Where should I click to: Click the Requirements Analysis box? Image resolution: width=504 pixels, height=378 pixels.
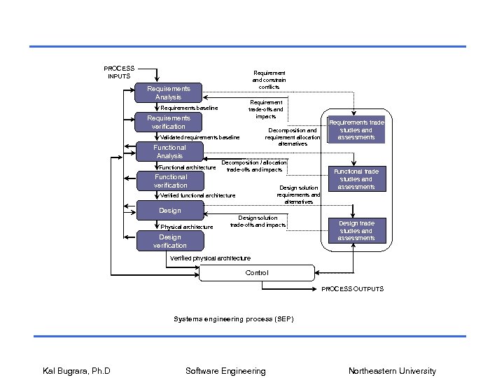(168, 93)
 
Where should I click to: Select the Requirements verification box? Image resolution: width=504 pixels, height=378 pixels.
(168, 122)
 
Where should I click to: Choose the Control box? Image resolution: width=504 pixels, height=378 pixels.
(256, 273)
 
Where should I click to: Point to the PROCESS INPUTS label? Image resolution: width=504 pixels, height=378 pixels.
(119, 72)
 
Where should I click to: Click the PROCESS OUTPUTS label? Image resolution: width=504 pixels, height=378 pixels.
(352, 289)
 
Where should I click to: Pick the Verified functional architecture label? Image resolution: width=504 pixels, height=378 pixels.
(198, 195)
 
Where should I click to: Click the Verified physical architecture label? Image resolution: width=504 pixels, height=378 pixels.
(210, 258)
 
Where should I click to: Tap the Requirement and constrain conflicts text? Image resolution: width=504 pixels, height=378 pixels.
(269, 80)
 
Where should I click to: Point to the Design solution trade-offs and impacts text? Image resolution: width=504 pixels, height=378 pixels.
(258, 221)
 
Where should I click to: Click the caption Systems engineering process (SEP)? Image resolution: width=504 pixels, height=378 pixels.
(233, 319)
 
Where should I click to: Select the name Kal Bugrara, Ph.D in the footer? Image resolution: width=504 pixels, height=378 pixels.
(76, 371)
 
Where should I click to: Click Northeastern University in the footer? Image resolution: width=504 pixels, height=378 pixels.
(392, 371)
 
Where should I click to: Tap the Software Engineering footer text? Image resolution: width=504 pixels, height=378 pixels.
(225, 371)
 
